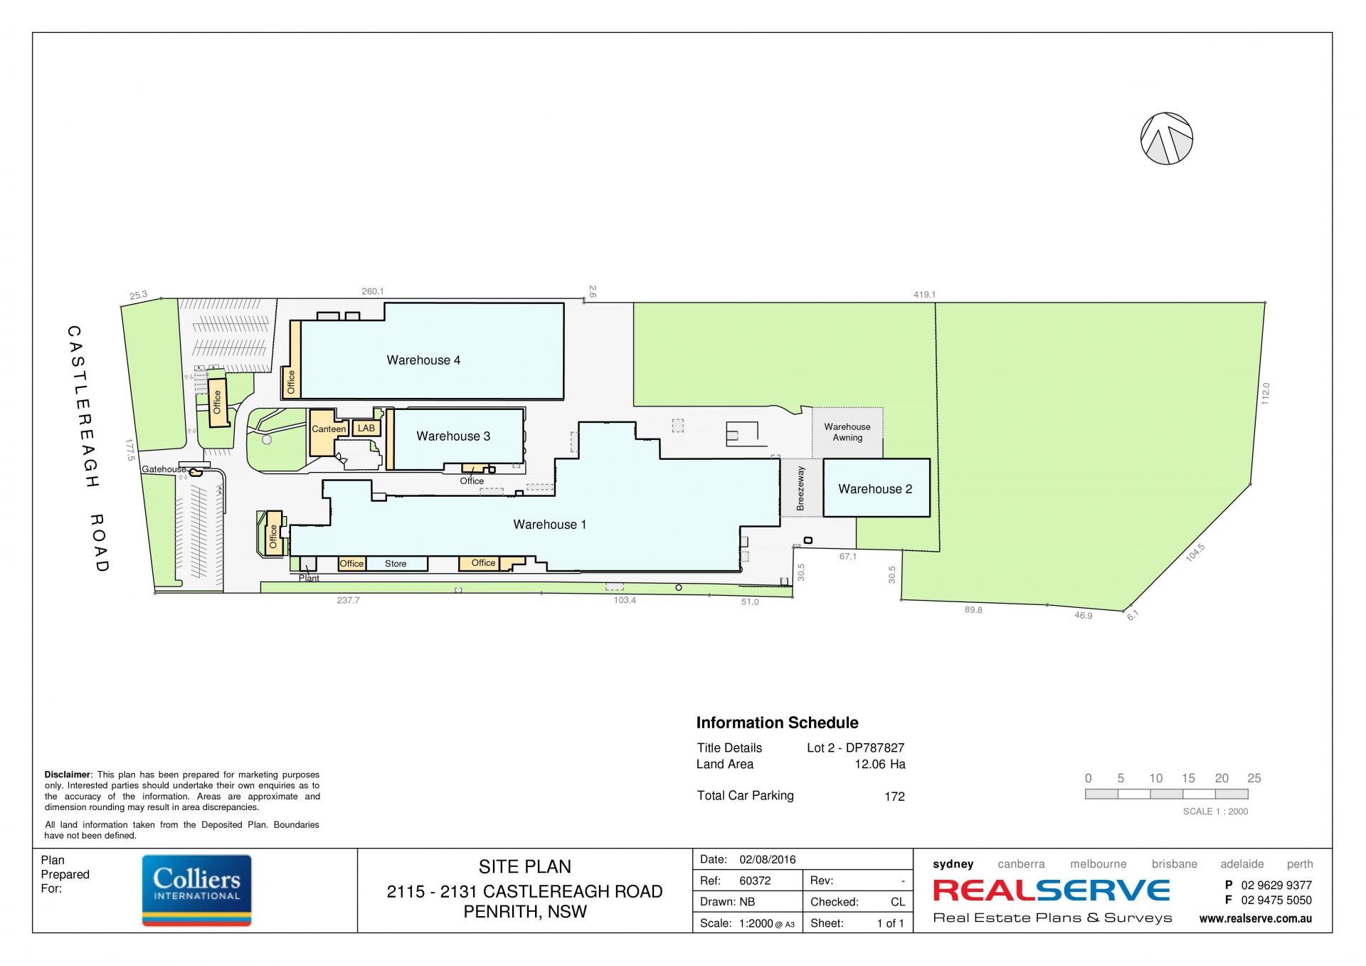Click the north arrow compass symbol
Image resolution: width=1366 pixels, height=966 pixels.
(x=1166, y=138)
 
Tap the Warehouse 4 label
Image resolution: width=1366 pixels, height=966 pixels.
(x=423, y=360)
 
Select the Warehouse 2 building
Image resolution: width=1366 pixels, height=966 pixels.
(x=876, y=488)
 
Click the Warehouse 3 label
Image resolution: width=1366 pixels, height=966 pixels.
(x=453, y=436)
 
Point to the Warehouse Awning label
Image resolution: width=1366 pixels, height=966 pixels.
(x=847, y=432)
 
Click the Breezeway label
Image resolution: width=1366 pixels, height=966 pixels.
(x=800, y=488)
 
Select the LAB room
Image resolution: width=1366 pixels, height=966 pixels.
(x=366, y=428)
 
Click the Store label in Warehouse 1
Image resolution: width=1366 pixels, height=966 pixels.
(x=396, y=564)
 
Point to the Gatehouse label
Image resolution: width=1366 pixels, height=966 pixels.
(x=163, y=469)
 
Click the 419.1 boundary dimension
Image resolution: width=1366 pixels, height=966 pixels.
(x=924, y=295)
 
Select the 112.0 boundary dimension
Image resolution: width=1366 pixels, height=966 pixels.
(x=1265, y=394)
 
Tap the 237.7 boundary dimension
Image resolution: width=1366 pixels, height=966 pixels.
(x=348, y=600)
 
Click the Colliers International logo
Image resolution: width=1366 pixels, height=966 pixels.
(x=196, y=890)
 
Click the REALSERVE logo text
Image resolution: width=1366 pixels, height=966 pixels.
(x=1052, y=891)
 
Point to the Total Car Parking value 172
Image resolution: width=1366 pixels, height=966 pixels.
(x=894, y=797)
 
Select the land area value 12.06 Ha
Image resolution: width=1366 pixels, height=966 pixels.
(x=879, y=764)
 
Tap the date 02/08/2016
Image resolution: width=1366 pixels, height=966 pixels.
(x=767, y=859)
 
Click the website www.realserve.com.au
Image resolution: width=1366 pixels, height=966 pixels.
(x=1255, y=918)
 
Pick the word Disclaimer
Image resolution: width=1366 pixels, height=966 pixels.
(x=68, y=775)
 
